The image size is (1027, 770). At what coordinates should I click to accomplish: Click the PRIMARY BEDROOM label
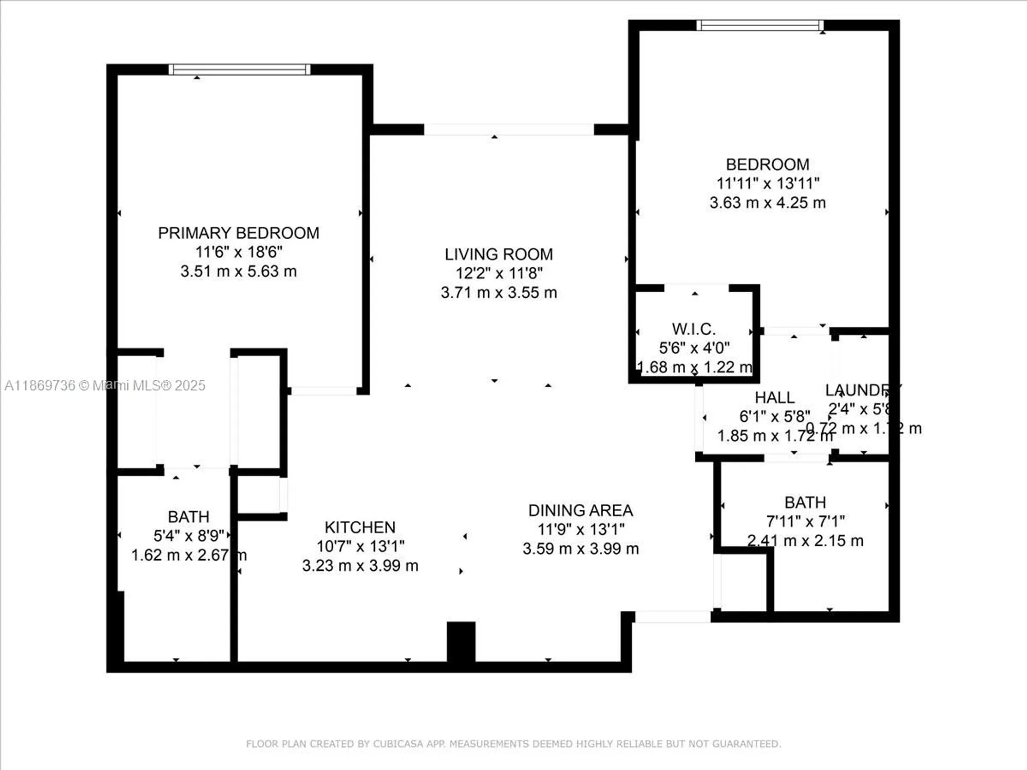click(238, 233)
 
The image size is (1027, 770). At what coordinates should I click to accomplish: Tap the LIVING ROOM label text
click(499, 255)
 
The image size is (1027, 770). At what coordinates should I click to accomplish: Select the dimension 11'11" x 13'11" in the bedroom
click(768, 183)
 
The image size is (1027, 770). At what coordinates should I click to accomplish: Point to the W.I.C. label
click(693, 329)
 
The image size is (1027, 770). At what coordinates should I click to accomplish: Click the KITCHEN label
click(360, 528)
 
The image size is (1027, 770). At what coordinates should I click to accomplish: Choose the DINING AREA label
click(580, 511)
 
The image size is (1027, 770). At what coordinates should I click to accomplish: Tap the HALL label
click(774, 398)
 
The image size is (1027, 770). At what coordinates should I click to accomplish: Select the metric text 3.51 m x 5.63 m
click(238, 272)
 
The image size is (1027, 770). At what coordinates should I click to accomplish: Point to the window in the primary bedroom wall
click(239, 69)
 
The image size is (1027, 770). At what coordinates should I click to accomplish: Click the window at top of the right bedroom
click(760, 25)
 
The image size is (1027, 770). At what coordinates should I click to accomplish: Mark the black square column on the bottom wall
click(461, 641)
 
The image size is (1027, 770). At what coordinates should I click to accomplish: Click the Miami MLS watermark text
click(105, 386)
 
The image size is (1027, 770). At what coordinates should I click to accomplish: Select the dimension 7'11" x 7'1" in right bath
click(805, 522)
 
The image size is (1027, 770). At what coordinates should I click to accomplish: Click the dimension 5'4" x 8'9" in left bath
click(188, 536)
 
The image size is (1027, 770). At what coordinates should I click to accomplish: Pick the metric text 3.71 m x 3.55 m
click(499, 293)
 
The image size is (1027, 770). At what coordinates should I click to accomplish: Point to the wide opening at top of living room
click(508, 129)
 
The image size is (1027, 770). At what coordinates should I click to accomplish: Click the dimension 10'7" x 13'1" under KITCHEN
click(360, 547)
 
